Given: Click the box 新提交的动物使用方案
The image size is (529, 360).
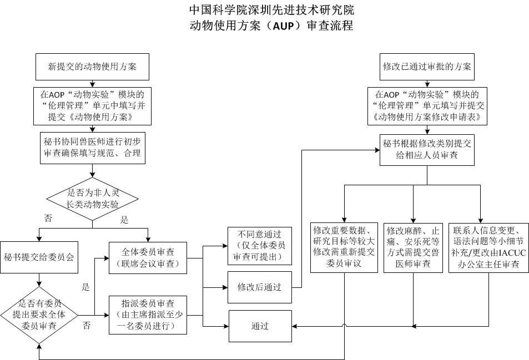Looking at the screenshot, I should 92,67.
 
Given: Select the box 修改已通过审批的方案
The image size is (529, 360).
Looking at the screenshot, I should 427,67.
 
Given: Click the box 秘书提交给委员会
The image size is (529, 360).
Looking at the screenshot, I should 39,257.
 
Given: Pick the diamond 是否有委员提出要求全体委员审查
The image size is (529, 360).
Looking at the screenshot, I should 39,315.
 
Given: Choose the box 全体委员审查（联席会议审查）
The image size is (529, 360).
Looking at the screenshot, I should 148,257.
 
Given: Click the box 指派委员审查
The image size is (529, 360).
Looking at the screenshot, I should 148,315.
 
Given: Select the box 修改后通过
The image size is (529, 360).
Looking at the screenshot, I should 259,287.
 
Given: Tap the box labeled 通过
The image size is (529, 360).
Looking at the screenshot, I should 259,326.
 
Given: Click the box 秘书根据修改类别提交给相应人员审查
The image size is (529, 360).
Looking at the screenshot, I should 427,150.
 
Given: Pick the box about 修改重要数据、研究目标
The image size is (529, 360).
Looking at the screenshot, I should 345,247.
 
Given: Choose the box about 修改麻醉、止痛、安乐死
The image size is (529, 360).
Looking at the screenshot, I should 413,247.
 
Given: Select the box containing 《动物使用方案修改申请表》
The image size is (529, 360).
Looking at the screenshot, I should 427,105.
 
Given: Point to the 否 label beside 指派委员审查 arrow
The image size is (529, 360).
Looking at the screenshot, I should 87,326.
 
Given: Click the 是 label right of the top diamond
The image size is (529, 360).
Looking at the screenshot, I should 124,220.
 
